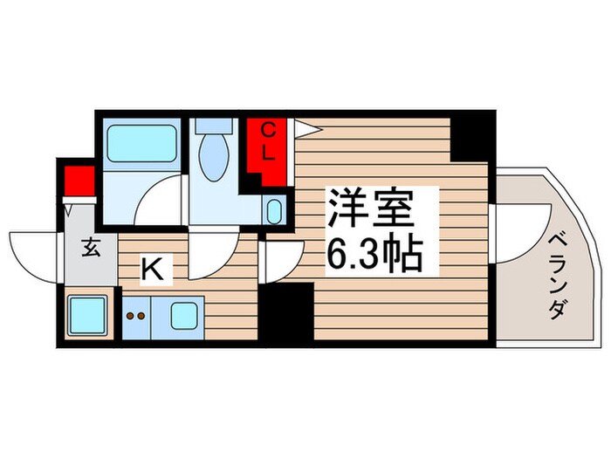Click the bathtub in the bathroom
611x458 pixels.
(141, 141)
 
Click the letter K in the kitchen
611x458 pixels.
(152, 270)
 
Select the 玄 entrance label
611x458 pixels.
(92, 247)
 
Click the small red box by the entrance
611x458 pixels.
(78, 182)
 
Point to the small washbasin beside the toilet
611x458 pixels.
(274, 210)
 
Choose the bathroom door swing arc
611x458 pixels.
(161, 201)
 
